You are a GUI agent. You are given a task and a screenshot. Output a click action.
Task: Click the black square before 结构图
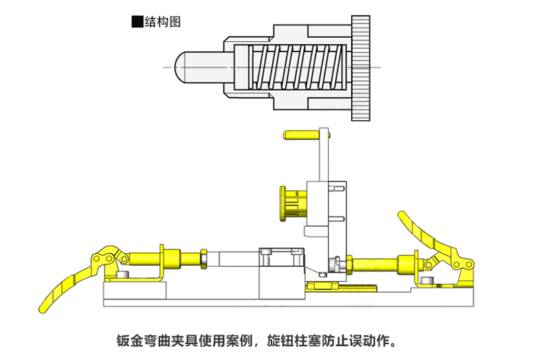click(137, 21)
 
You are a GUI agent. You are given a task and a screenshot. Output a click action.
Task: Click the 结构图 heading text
click(163, 21)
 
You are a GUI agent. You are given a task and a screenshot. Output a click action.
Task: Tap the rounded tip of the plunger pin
click(180, 67)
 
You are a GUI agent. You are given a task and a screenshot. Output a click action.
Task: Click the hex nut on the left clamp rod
click(203, 259)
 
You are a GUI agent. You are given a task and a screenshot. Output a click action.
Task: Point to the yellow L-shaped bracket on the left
click(161, 265)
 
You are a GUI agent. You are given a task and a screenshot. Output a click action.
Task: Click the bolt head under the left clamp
click(122, 275)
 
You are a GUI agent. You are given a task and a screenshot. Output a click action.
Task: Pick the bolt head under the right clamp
click(429, 280)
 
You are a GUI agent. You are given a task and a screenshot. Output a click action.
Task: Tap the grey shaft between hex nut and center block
click(234, 259)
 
